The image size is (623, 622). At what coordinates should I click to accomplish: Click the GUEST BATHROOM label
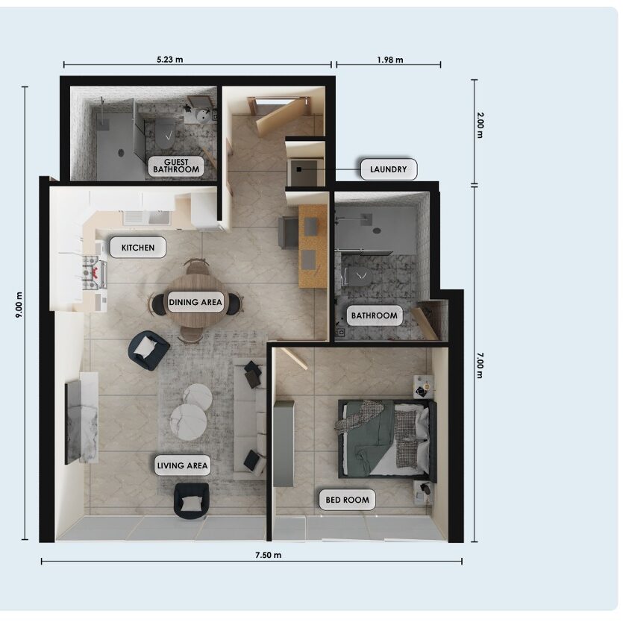coord(176,166)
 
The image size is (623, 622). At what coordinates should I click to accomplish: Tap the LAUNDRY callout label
coord(389,169)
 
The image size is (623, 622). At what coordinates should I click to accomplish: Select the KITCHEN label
coord(138,248)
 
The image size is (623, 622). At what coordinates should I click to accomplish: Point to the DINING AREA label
coord(195,302)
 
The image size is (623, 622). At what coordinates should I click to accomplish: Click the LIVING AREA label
coord(182,465)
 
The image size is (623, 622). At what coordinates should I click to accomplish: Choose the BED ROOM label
coord(347,500)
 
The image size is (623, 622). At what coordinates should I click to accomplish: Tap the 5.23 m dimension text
coord(170,60)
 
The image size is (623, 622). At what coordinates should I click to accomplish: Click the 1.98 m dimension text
coord(390,60)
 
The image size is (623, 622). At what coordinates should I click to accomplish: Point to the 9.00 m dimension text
coord(19,305)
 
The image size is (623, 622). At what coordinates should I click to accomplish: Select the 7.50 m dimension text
coord(269,555)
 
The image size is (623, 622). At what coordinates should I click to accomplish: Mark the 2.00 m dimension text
coord(480,125)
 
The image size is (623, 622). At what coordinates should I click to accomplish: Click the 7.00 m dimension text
coord(480,365)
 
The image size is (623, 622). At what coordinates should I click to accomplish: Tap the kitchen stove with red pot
coord(95,273)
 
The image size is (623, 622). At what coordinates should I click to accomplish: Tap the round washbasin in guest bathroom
coord(204,116)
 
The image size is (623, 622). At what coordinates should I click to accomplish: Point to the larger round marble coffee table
coord(188,422)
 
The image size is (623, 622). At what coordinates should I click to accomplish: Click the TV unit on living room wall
coord(81,418)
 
